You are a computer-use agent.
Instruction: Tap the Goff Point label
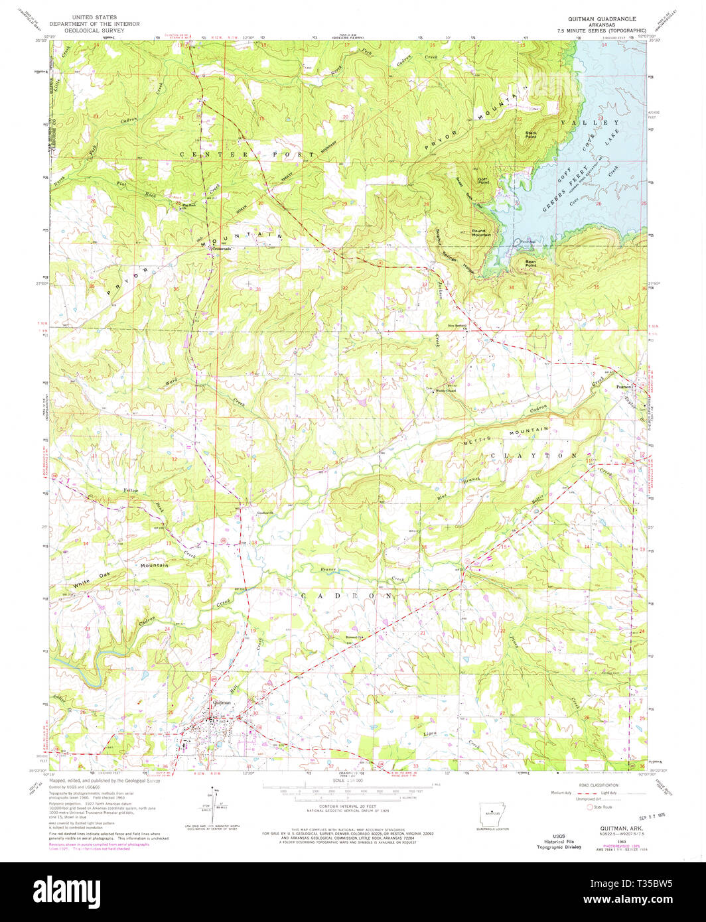click(483, 181)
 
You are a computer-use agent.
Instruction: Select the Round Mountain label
click(481, 233)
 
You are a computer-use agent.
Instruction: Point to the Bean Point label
click(531, 263)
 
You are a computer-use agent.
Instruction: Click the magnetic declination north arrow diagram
click(214, 801)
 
